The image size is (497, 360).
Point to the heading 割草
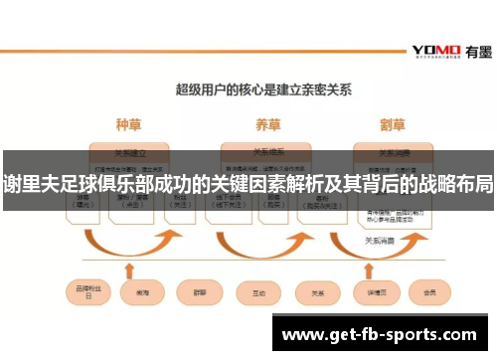[393, 125]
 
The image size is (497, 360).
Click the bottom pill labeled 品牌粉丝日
[83, 292]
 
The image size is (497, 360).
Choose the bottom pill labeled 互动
[258, 292]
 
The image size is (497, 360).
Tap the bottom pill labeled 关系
[317, 292]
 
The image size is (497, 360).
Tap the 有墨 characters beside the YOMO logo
[476, 50]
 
